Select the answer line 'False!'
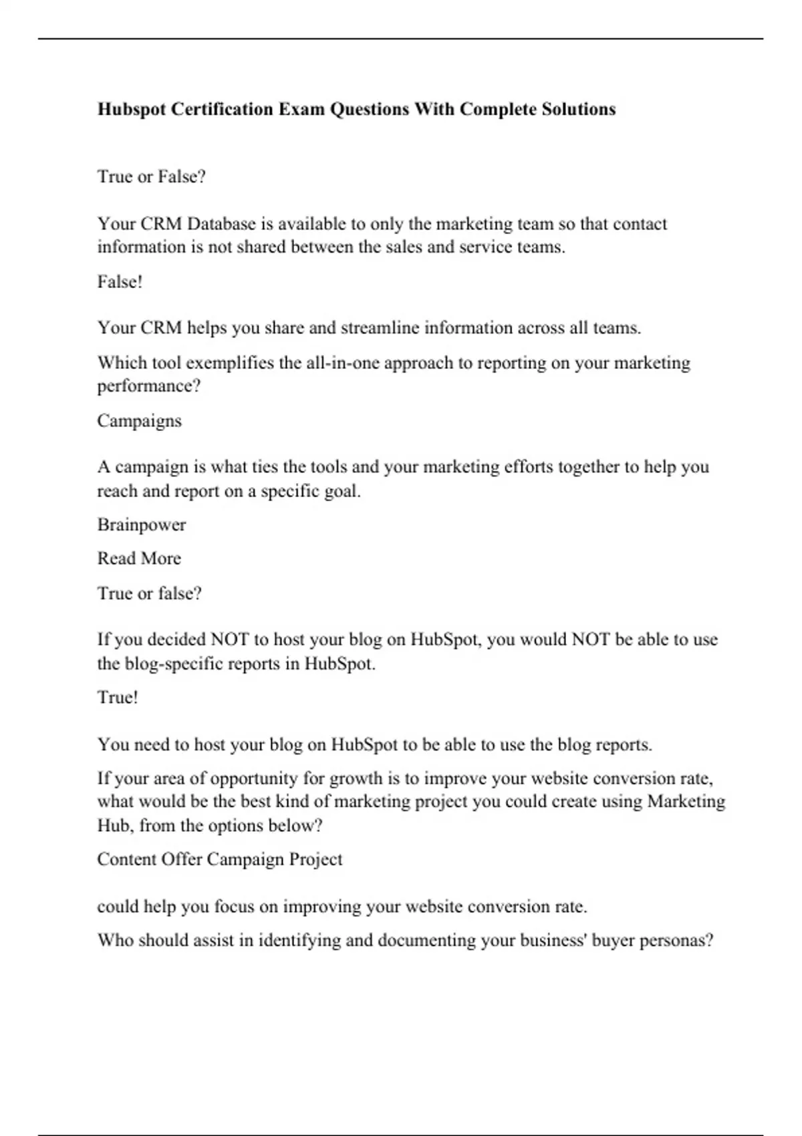pos(120,282)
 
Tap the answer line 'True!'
pos(118,698)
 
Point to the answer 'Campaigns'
pos(139,421)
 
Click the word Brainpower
pos(142,525)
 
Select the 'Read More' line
pos(139,559)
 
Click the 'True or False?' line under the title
pos(152,176)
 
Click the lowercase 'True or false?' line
pos(149,593)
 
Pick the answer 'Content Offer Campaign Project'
pos(219,859)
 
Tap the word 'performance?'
pos(149,386)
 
